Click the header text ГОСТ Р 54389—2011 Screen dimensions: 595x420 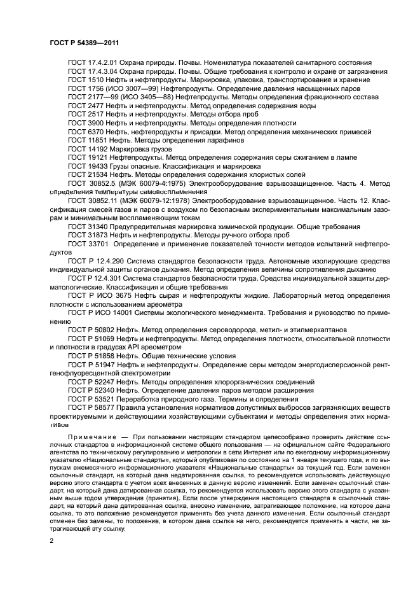point(85,42)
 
